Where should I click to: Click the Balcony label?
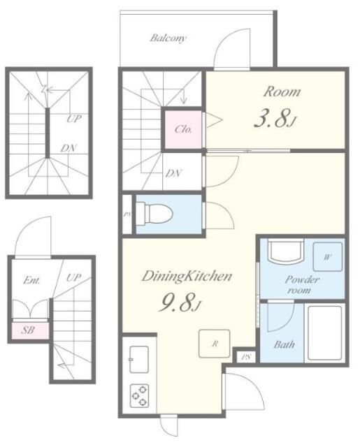[x=168, y=38]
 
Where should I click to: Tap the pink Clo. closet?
[x=183, y=129]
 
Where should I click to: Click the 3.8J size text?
[x=275, y=118]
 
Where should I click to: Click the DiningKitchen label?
[x=187, y=277]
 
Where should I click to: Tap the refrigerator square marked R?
[x=214, y=344]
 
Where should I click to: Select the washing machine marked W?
[x=328, y=256]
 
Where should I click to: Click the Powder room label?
[x=301, y=285]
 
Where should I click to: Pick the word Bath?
[x=284, y=344]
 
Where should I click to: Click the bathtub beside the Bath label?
[x=324, y=333]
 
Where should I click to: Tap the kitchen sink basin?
[x=139, y=360]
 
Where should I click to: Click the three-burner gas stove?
[x=140, y=396]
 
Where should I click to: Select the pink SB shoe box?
[x=30, y=330]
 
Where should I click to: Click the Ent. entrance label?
[x=31, y=281]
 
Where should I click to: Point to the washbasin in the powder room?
[x=285, y=251]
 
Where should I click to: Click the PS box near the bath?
[x=246, y=357]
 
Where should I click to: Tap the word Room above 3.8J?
[x=282, y=91]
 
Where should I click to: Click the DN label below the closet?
[x=174, y=173]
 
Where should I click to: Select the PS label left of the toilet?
[x=127, y=214]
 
